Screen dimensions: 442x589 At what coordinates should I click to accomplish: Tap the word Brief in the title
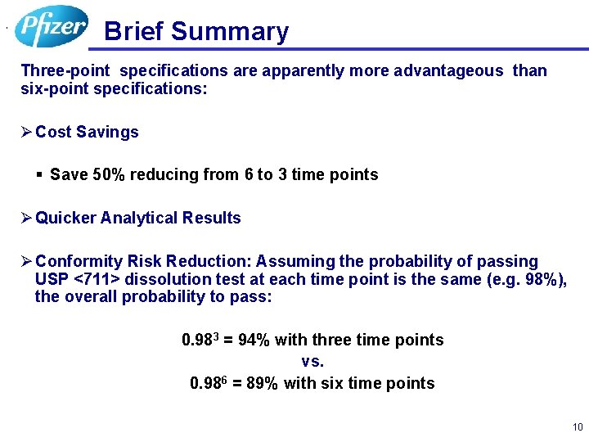click(135, 32)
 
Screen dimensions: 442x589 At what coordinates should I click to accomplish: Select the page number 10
click(578, 427)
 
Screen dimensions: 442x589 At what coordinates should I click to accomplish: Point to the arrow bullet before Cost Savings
click(26, 132)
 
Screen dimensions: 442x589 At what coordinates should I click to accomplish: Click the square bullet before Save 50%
click(39, 175)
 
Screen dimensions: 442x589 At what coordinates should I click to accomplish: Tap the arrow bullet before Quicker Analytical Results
click(26, 218)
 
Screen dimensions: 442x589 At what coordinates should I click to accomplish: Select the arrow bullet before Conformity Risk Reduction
click(26, 261)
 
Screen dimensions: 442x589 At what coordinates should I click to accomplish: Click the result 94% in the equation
click(254, 340)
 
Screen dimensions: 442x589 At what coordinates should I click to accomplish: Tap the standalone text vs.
click(312, 361)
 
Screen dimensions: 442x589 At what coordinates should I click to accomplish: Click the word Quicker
click(65, 218)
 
